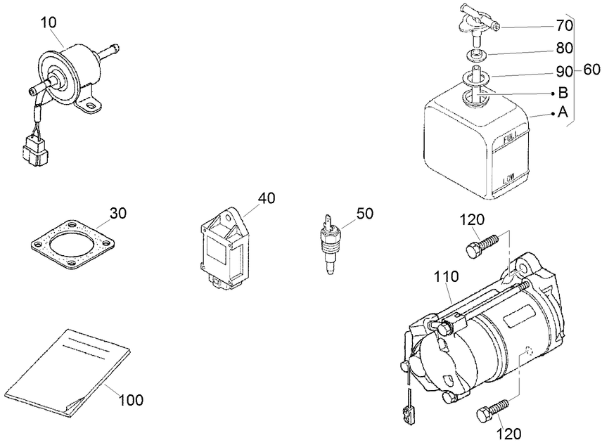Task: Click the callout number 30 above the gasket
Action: click(x=118, y=213)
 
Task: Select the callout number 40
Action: click(x=266, y=198)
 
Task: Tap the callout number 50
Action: click(x=365, y=212)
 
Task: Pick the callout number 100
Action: click(x=130, y=400)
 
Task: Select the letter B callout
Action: click(x=563, y=92)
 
